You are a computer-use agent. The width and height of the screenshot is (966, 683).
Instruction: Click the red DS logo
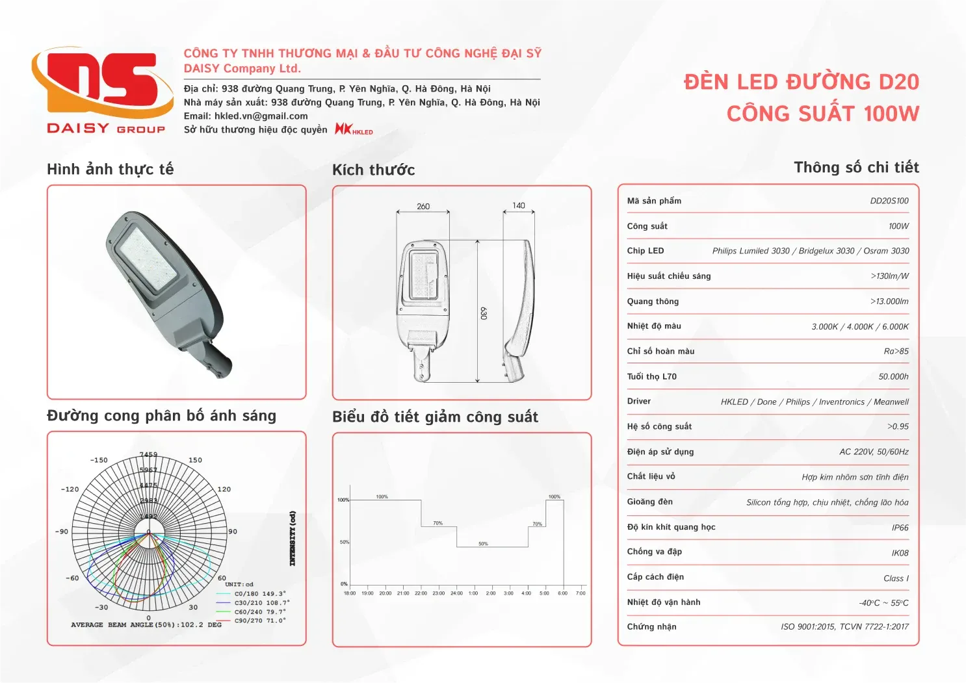click(x=103, y=81)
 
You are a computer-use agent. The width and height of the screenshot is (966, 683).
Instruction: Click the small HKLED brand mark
click(x=354, y=129)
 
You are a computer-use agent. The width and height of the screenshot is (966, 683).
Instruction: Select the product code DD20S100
click(x=889, y=201)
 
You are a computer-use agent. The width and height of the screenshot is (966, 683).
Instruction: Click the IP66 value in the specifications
click(x=900, y=528)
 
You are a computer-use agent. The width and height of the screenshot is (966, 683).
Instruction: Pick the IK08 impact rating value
click(x=900, y=553)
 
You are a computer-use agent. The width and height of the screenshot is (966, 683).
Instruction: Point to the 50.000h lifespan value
click(x=893, y=377)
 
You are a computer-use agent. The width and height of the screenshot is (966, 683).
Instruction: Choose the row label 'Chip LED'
click(x=645, y=251)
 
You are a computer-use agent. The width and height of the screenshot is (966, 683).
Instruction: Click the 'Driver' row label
click(x=638, y=402)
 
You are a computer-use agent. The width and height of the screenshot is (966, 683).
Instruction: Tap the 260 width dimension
click(x=423, y=207)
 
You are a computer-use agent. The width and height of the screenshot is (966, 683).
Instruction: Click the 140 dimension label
click(x=518, y=205)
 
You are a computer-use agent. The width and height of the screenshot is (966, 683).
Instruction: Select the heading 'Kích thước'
click(x=373, y=170)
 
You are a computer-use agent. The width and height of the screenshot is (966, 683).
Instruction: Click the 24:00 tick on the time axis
click(x=456, y=593)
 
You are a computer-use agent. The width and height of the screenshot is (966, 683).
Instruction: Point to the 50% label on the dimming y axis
click(x=344, y=542)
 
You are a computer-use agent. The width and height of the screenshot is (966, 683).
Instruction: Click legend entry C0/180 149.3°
click(x=259, y=594)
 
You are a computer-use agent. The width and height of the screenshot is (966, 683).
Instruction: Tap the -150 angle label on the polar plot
click(x=99, y=460)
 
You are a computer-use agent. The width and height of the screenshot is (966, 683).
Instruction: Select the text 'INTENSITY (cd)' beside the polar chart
click(x=293, y=538)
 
